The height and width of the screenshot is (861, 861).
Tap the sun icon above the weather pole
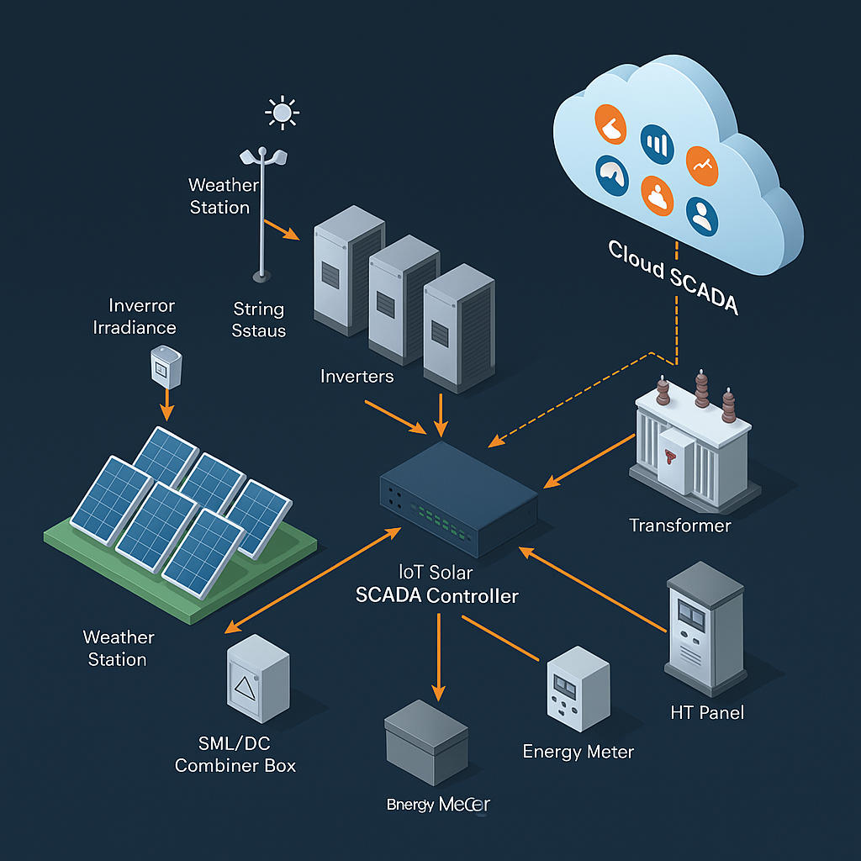click(x=282, y=111)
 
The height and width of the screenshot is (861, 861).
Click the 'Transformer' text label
click(x=680, y=526)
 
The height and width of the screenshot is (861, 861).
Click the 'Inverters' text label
click(x=357, y=376)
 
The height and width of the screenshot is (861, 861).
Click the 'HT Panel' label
click(x=707, y=713)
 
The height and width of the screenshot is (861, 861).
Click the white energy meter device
click(x=577, y=689)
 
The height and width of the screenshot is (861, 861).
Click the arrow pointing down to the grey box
click(x=438, y=656)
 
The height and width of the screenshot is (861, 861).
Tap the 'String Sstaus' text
click(x=259, y=320)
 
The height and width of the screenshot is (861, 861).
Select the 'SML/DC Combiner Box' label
click(x=235, y=755)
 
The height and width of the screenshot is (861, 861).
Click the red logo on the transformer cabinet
click(x=670, y=457)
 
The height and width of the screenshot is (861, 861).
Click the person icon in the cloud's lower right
click(x=701, y=215)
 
